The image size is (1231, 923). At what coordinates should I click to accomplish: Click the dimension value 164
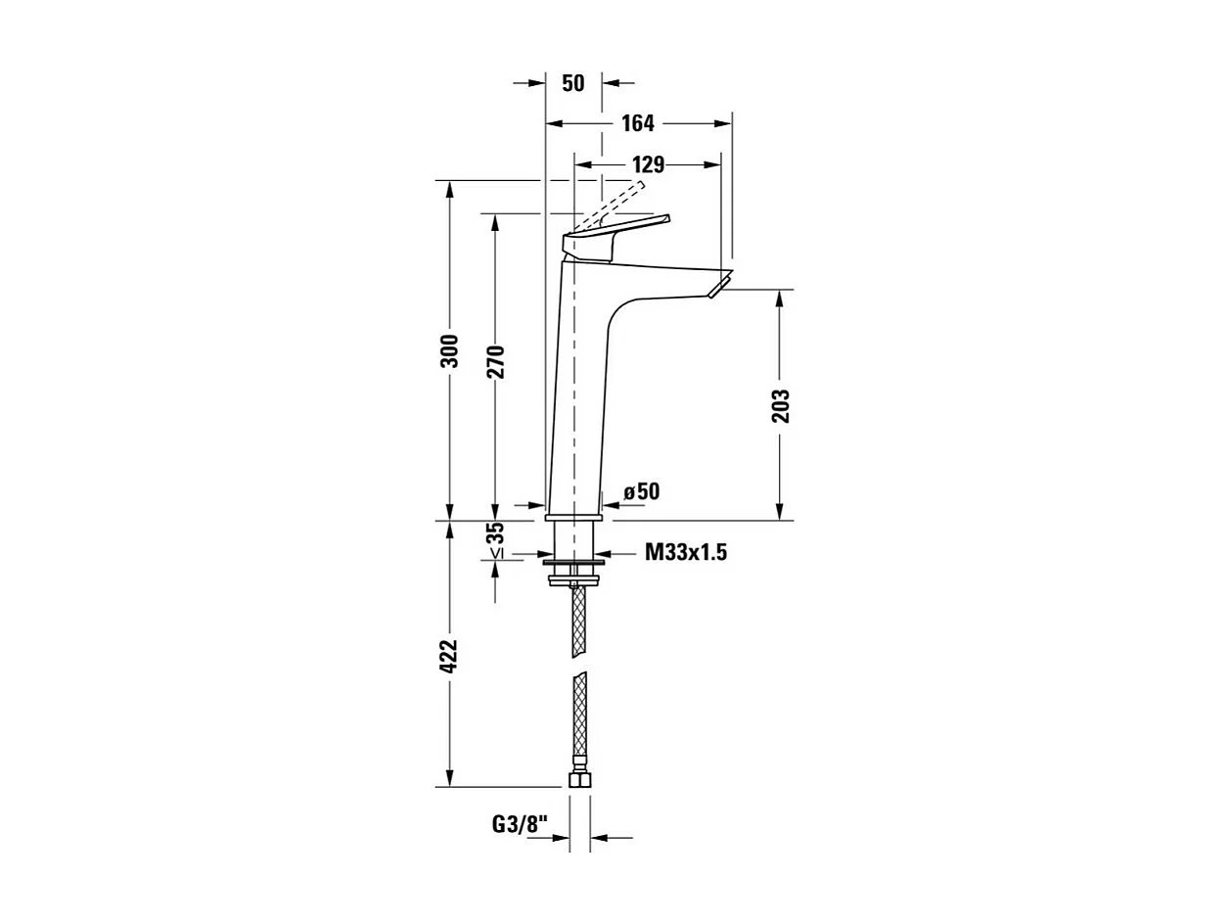[638, 123]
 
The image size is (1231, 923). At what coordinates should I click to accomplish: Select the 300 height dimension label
[449, 350]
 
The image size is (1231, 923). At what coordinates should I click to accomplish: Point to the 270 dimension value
[495, 362]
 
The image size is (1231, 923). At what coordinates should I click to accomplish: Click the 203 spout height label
[780, 405]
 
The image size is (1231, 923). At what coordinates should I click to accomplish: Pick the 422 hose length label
[449, 656]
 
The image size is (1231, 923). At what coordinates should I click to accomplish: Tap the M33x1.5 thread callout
[685, 553]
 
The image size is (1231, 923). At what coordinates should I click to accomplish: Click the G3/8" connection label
[520, 824]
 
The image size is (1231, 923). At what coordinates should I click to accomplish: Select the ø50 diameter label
[642, 491]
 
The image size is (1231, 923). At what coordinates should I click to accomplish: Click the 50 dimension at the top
[573, 83]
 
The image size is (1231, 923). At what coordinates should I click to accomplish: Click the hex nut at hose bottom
[579, 780]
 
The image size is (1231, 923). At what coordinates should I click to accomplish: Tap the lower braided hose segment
[579, 722]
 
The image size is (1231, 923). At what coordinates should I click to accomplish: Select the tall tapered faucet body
[579, 392]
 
